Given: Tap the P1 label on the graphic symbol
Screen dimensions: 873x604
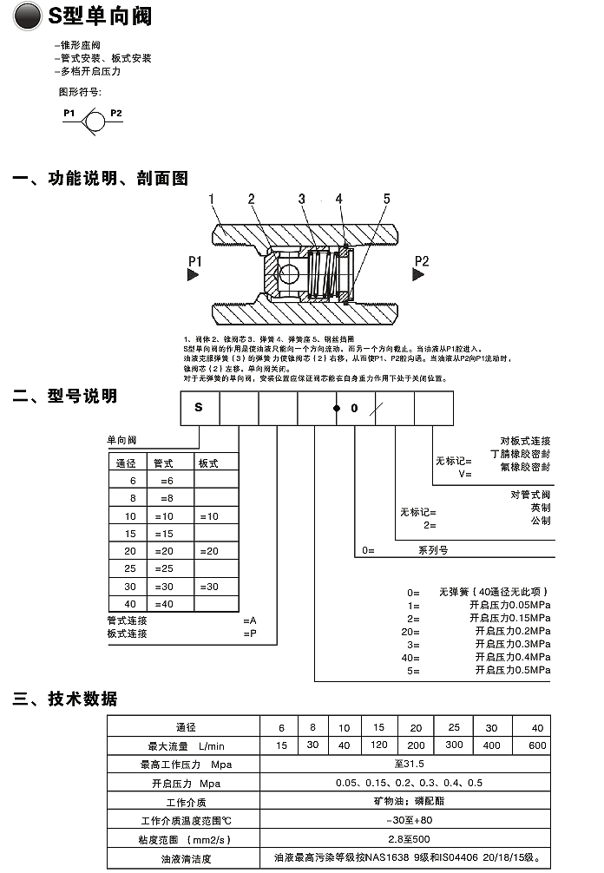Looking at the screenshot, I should click(x=69, y=113).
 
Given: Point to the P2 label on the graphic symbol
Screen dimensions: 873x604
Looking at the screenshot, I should click(x=115, y=113).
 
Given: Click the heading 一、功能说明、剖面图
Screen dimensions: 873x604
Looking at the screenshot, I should click(x=100, y=179).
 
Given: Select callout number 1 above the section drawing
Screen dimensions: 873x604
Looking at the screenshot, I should click(x=212, y=200).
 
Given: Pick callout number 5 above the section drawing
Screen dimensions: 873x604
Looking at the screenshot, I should click(x=387, y=200).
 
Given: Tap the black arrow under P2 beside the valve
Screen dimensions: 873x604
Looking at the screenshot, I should click(x=418, y=274).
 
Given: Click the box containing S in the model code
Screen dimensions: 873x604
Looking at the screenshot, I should click(x=200, y=407).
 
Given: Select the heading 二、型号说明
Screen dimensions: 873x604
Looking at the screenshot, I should click(x=65, y=396).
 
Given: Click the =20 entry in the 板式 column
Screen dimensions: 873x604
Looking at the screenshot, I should click(x=209, y=551).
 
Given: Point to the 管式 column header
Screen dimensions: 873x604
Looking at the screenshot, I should click(x=164, y=463).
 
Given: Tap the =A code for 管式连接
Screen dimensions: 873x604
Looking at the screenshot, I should click(x=250, y=620).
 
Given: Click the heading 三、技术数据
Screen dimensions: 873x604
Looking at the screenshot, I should click(x=65, y=699).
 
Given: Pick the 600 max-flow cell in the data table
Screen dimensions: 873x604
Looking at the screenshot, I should click(x=537, y=745).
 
